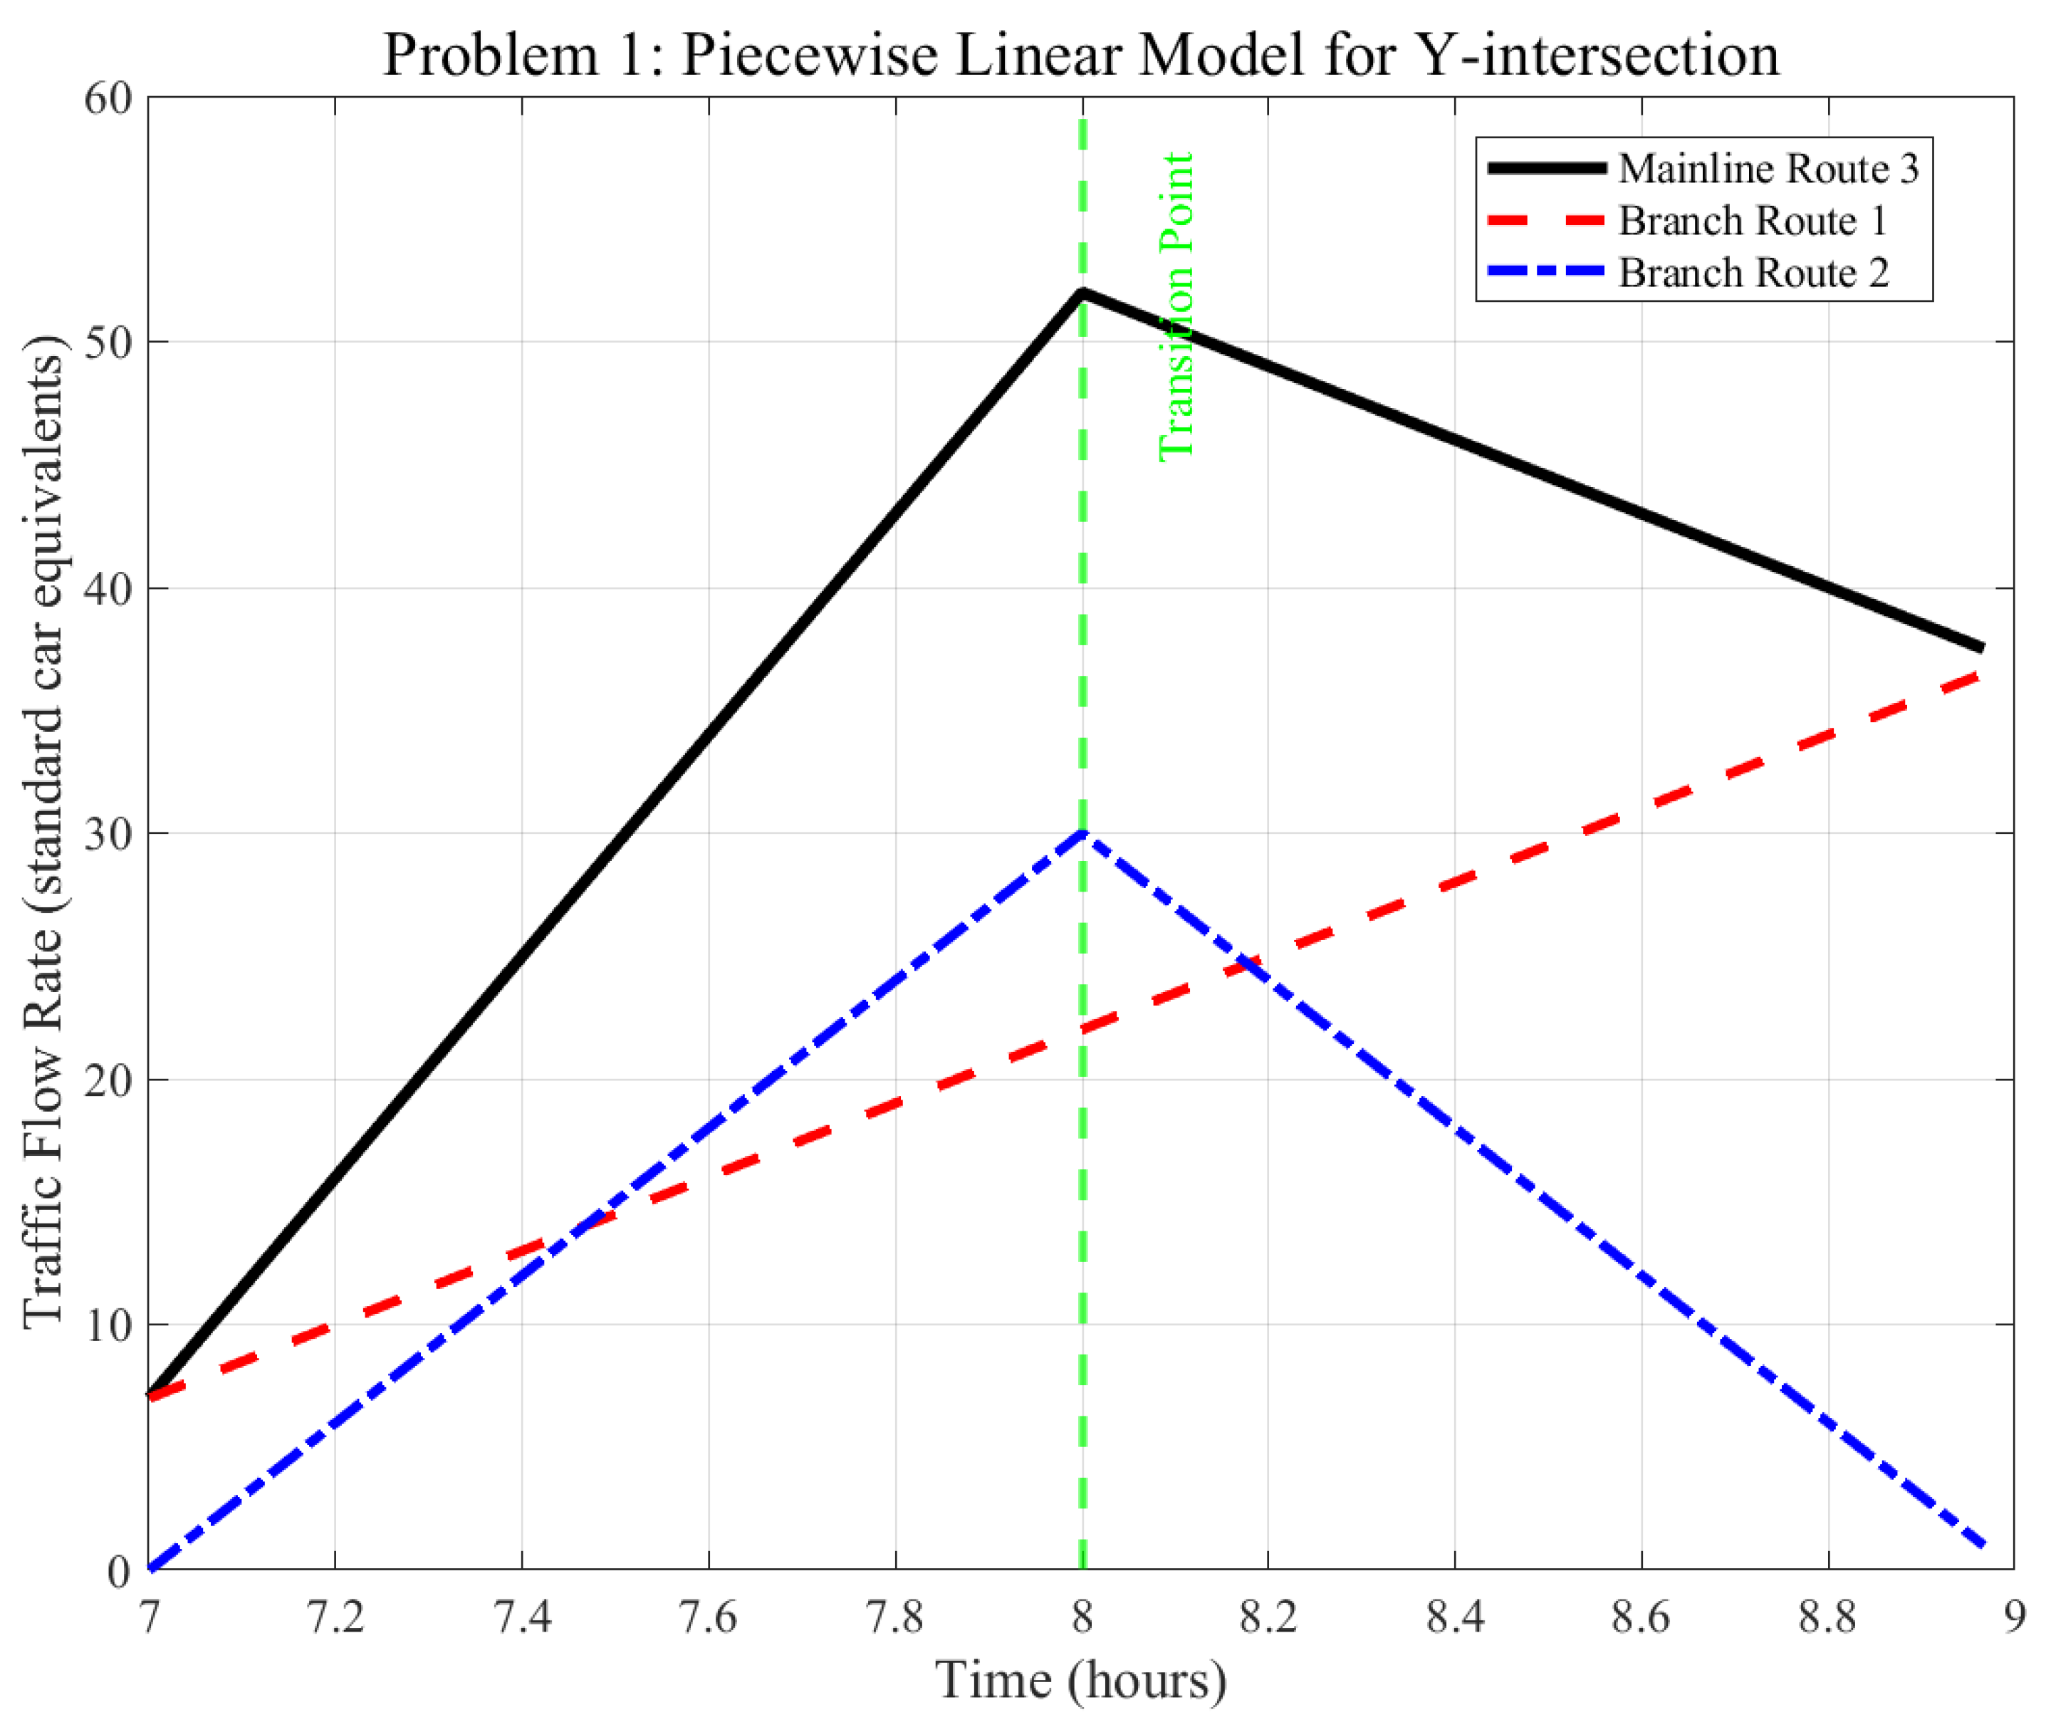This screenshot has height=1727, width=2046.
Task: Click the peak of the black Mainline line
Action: [x=1082, y=292]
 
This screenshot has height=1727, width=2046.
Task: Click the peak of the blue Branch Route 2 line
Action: [x=1082, y=833]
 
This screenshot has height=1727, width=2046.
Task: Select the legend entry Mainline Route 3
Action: [x=1767, y=168]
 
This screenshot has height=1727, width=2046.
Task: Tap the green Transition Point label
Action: [x=1176, y=306]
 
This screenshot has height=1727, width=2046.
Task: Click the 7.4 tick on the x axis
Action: [x=522, y=1617]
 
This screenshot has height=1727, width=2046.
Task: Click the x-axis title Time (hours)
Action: [x=1081, y=1680]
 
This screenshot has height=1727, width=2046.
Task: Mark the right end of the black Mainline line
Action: [x=1983, y=648]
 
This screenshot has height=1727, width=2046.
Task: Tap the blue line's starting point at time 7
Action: [x=150, y=1570]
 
